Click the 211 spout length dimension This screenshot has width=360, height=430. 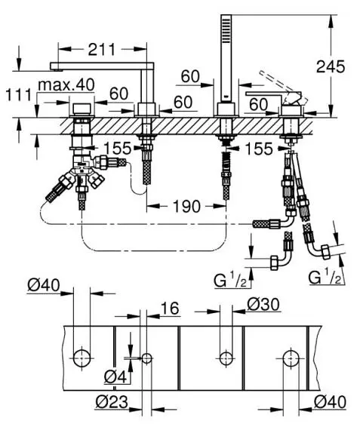[x=102, y=50]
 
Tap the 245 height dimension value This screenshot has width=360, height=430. [x=331, y=66]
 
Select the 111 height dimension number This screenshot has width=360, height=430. [x=19, y=95]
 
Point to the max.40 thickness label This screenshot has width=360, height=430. [x=66, y=85]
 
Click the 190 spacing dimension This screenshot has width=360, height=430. [x=187, y=206]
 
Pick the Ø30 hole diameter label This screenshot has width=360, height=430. [x=263, y=305]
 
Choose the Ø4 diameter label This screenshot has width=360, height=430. [x=115, y=378]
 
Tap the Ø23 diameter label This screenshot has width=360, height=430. [x=112, y=402]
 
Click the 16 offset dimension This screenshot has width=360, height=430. [x=170, y=309]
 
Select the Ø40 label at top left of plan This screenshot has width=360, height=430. [x=44, y=285]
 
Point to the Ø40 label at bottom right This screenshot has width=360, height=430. [x=330, y=402]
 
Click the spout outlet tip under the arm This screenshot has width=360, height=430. [x=57, y=70]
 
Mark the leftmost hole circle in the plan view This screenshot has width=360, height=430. [x=82, y=358]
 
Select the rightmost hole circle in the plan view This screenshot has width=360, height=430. [x=291, y=358]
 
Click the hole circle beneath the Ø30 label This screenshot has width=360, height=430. [x=226, y=358]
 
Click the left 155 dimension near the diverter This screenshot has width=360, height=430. [x=118, y=149]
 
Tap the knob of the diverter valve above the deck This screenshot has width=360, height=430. [x=82, y=109]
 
